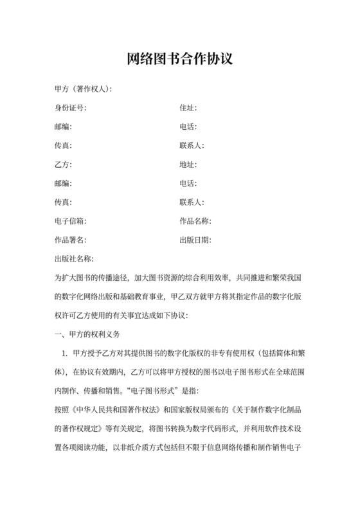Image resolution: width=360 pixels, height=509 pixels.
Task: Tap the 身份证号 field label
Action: click(70, 108)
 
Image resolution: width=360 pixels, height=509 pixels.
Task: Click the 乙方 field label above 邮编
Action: click(63, 165)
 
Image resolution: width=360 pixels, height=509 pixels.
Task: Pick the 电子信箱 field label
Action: click(70, 221)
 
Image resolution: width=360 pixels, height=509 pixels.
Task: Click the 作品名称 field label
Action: click(195, 221)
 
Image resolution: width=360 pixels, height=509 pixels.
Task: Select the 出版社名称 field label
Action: click(74, 259)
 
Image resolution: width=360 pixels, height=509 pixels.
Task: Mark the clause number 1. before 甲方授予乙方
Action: click(64, 353)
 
